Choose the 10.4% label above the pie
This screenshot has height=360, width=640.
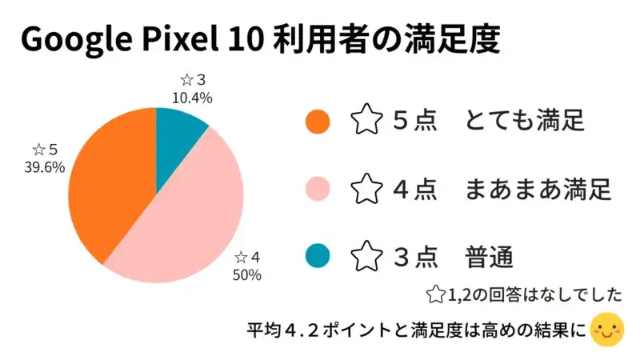(192, 98)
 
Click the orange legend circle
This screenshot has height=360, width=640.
(318, 122)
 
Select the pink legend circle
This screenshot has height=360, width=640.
(318, 190)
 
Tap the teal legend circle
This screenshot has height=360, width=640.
(318, 257)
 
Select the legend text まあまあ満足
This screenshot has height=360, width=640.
(538, 190)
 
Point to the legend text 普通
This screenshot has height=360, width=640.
(488, 257)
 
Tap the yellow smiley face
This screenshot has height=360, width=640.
(607, 330)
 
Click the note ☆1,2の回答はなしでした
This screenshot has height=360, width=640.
(525, 295)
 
